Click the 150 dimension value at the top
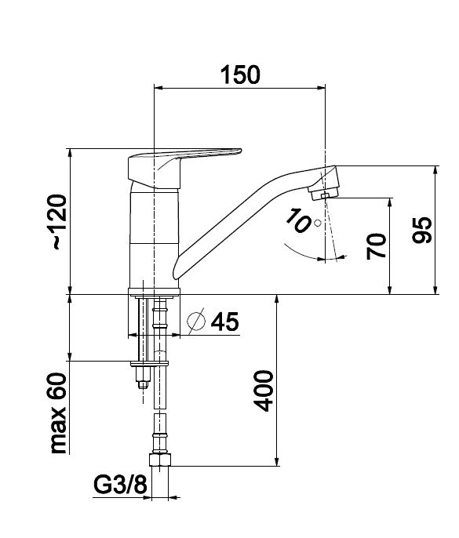(240, 75)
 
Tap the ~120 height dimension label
(59, 222)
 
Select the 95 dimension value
(422, 230)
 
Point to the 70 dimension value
(377, 245)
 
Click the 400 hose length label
(264, 391)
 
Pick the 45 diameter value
(225, 322)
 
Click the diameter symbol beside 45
(196, 321)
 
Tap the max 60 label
(59, 413)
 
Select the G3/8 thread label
(120, 485)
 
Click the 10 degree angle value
(297, 221)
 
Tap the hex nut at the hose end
(160, 460)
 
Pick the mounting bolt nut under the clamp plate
(144, 377)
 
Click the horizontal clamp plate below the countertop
(150, 363)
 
